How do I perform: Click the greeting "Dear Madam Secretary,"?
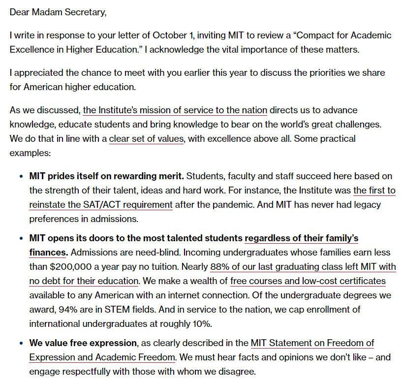(58, 12)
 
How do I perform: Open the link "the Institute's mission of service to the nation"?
(175, 110)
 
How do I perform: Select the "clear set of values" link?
(146, 139)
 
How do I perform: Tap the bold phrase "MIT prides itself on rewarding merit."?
(106, 176)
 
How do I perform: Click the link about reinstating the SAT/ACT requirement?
(101, 204)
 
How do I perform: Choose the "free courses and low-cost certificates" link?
(308, 281)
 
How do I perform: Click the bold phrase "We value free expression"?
(83, 343)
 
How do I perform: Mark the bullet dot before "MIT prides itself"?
(21, 176)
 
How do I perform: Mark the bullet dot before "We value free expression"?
(21, 343)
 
